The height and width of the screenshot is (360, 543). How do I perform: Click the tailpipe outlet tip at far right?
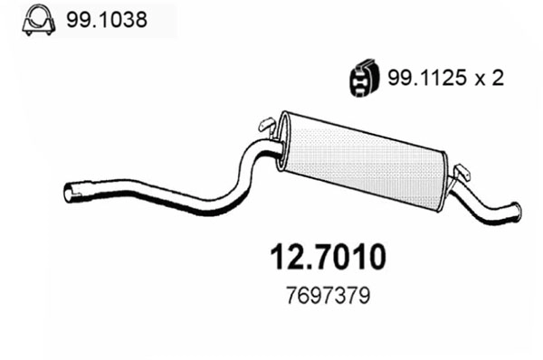pyautogui.click(x=514, y=212)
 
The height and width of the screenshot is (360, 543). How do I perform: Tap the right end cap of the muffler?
pyautogui.click(x=447, y=177)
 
